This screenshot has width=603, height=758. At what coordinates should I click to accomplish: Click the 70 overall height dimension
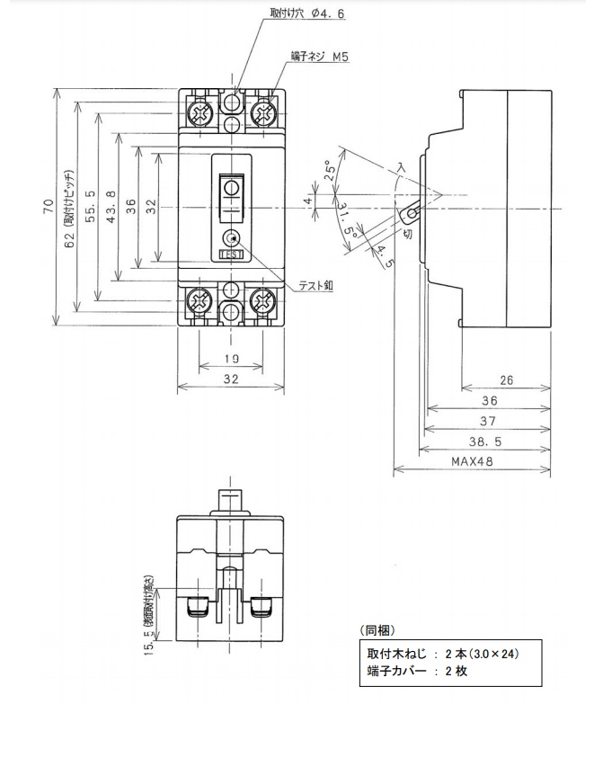click(49, 207)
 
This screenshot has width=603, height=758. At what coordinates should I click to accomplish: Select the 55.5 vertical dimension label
click(91, 207)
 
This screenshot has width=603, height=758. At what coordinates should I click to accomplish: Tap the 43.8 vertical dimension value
click(111, 207)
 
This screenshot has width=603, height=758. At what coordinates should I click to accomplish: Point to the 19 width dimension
click(232, 359)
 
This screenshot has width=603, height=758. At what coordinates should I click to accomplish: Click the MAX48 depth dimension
click(472, 461)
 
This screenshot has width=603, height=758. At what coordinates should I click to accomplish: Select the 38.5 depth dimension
click(485, 441)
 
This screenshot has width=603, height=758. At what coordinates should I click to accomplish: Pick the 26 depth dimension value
click(506, 380)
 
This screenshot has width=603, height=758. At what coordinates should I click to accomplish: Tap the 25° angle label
click(330, 170)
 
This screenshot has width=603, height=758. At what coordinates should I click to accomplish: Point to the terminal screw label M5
click(341, 57)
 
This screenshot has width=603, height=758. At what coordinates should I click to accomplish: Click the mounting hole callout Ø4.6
click(328, 13)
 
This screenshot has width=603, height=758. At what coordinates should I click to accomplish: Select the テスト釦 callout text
click(315, 286)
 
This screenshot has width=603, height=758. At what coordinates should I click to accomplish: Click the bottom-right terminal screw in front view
click(263, 299)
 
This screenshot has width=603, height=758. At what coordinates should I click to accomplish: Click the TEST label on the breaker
click(232, 254)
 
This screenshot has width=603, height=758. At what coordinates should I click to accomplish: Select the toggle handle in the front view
click(232, 197)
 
